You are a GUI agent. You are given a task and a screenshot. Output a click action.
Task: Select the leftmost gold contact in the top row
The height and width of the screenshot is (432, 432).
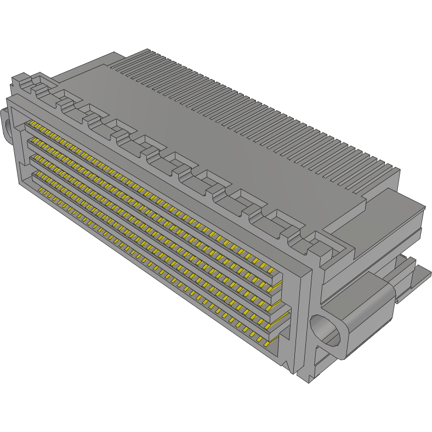(32, 125)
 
